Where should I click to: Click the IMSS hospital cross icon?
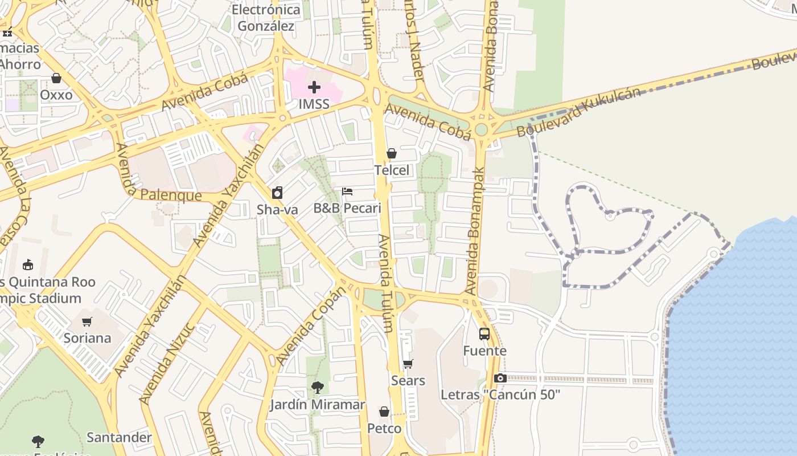[x=314, y=87]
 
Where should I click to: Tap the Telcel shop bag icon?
[x=392, y=153]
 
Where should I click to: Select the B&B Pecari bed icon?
[x=347, y=192]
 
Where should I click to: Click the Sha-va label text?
[x=277, y=210]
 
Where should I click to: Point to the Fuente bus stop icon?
[x=484, y=334]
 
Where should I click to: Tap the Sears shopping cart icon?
[x=408, y=364]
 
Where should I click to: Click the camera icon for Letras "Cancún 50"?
[x=500, y=378]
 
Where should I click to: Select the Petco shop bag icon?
[x=384, y=412]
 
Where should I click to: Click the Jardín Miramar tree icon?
[x=318, y=388]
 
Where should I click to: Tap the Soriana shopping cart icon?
[x=87, y=321]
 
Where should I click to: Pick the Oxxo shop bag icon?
[x=56, y=78]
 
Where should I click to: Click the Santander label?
[x=119, y=438]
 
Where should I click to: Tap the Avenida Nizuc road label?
[x=168, y=364]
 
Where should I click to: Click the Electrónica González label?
[x=266, y=18]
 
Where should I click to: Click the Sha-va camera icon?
[x=277, y=193]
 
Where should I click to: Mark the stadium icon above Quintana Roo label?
[x=28, y=264]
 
